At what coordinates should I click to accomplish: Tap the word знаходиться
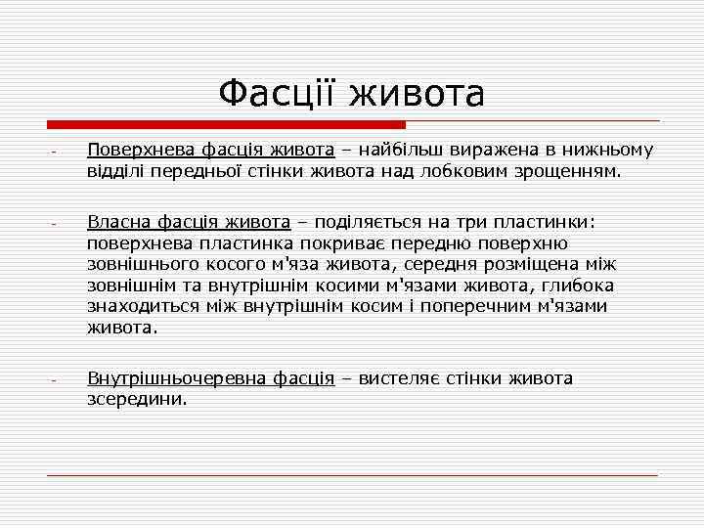[141, 307]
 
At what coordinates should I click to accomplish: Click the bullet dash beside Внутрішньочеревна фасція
[55, 380]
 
